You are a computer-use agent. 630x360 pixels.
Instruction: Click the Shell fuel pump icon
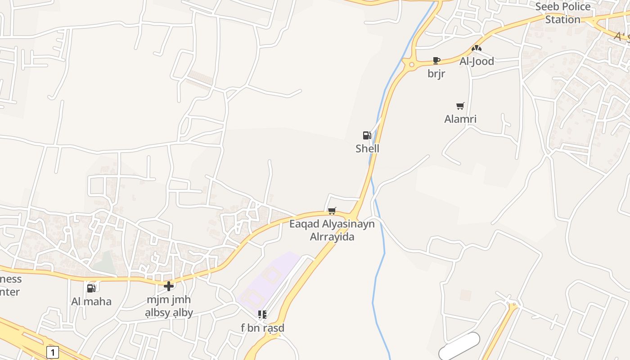point(367,135)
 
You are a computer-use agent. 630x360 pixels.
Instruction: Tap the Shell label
point(367,148)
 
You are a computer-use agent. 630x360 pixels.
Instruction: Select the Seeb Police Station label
point(563,13)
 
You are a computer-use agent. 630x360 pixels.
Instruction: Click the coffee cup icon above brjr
point(436,60)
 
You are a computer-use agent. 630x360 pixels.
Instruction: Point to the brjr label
point(436,74)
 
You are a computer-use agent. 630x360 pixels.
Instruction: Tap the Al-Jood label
point(477,61)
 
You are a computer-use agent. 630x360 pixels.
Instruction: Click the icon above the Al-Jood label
point(477,48)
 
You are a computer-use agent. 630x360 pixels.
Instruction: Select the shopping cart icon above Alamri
point(460,106)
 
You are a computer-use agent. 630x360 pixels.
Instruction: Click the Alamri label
point(460,119)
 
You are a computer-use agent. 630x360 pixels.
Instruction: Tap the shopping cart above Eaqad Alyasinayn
point(332,211)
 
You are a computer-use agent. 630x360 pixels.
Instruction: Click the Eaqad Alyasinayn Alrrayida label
point(332,230)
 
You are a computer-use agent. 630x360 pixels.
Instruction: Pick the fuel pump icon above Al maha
point(91,288)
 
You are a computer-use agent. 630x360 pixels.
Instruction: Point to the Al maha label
point(91,301)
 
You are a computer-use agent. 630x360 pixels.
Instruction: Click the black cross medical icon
point(169,286)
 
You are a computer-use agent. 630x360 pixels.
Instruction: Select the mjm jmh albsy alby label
point(169,306)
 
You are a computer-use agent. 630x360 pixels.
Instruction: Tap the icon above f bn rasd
point(262,315)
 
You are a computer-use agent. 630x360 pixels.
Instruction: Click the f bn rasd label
point(262,328)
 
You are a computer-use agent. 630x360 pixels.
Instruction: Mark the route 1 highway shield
point(53,352)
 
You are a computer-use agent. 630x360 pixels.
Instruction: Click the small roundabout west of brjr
point(411,65)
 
